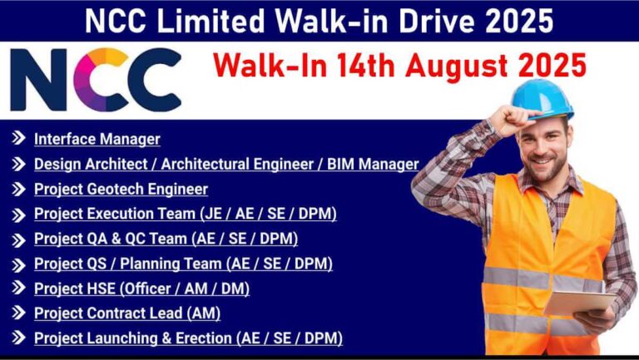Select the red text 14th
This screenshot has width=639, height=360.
coord(365,65)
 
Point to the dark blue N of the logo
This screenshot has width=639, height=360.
coord(38,80)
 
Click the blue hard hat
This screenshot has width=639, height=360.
coord(542,99)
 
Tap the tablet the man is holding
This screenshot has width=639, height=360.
coord(579,303)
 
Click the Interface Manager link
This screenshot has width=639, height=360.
coord(97,140)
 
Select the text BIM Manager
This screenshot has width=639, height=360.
coord(373,164)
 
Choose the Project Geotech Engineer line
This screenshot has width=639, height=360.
coord(121,190)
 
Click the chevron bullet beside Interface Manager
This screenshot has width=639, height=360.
coord(18,139)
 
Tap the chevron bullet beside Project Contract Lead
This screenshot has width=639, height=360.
coord(18,313)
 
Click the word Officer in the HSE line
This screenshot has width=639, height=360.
coord(149,288)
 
